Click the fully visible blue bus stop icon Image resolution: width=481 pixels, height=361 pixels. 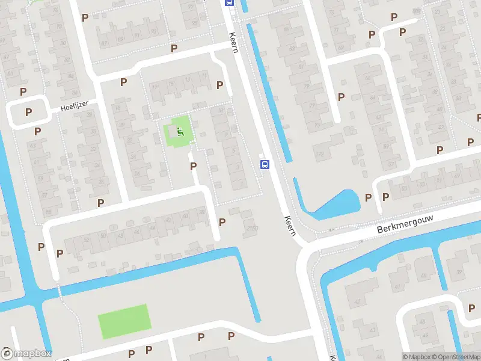click(264, 164)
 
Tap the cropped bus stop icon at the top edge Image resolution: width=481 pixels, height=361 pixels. click(229, 2)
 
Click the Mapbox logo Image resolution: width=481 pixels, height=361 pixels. click(26, 354)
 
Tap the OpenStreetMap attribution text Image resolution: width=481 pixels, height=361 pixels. click(456, 357)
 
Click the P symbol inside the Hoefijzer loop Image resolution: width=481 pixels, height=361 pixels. click(28, 112)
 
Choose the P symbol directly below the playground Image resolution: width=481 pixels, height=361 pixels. click(193, 166)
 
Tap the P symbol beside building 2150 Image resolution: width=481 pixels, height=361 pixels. click(222, 222)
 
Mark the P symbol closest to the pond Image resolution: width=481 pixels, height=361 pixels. click(369, 197)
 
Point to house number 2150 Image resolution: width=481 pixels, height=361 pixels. click(252, 228)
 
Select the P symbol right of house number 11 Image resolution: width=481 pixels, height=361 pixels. click(220, 85)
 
